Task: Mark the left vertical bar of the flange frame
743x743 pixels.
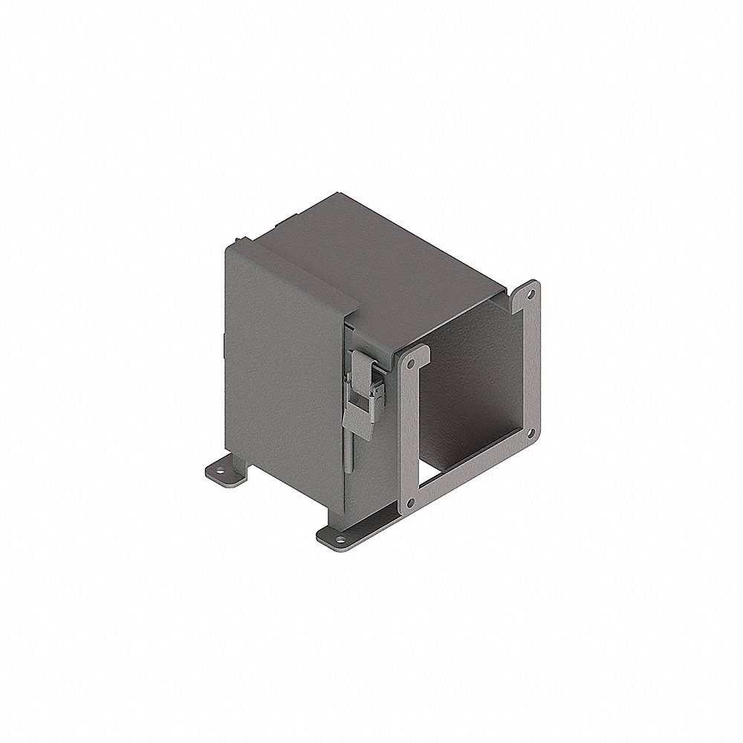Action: pos(408,438)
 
